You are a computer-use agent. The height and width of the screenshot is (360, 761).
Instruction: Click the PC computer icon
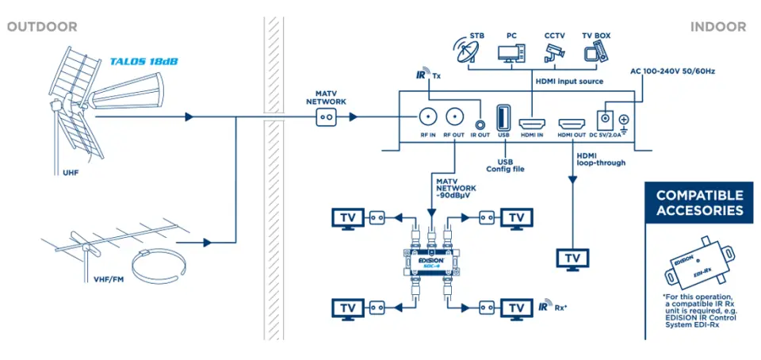click(x=511, y=53)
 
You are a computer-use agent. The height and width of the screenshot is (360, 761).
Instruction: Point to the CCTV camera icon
click(x=553, y=53)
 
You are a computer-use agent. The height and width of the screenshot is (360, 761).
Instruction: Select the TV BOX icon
click(x=594, y=53)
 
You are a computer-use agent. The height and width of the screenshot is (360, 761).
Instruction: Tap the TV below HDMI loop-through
click(x=572, y=259)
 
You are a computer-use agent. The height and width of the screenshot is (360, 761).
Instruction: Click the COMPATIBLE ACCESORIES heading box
click(x=699, y=203)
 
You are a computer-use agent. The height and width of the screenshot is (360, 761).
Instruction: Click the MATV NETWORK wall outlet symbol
click(x=327, y=117)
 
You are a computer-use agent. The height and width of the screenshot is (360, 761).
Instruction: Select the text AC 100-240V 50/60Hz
click(x=672, y=71)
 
